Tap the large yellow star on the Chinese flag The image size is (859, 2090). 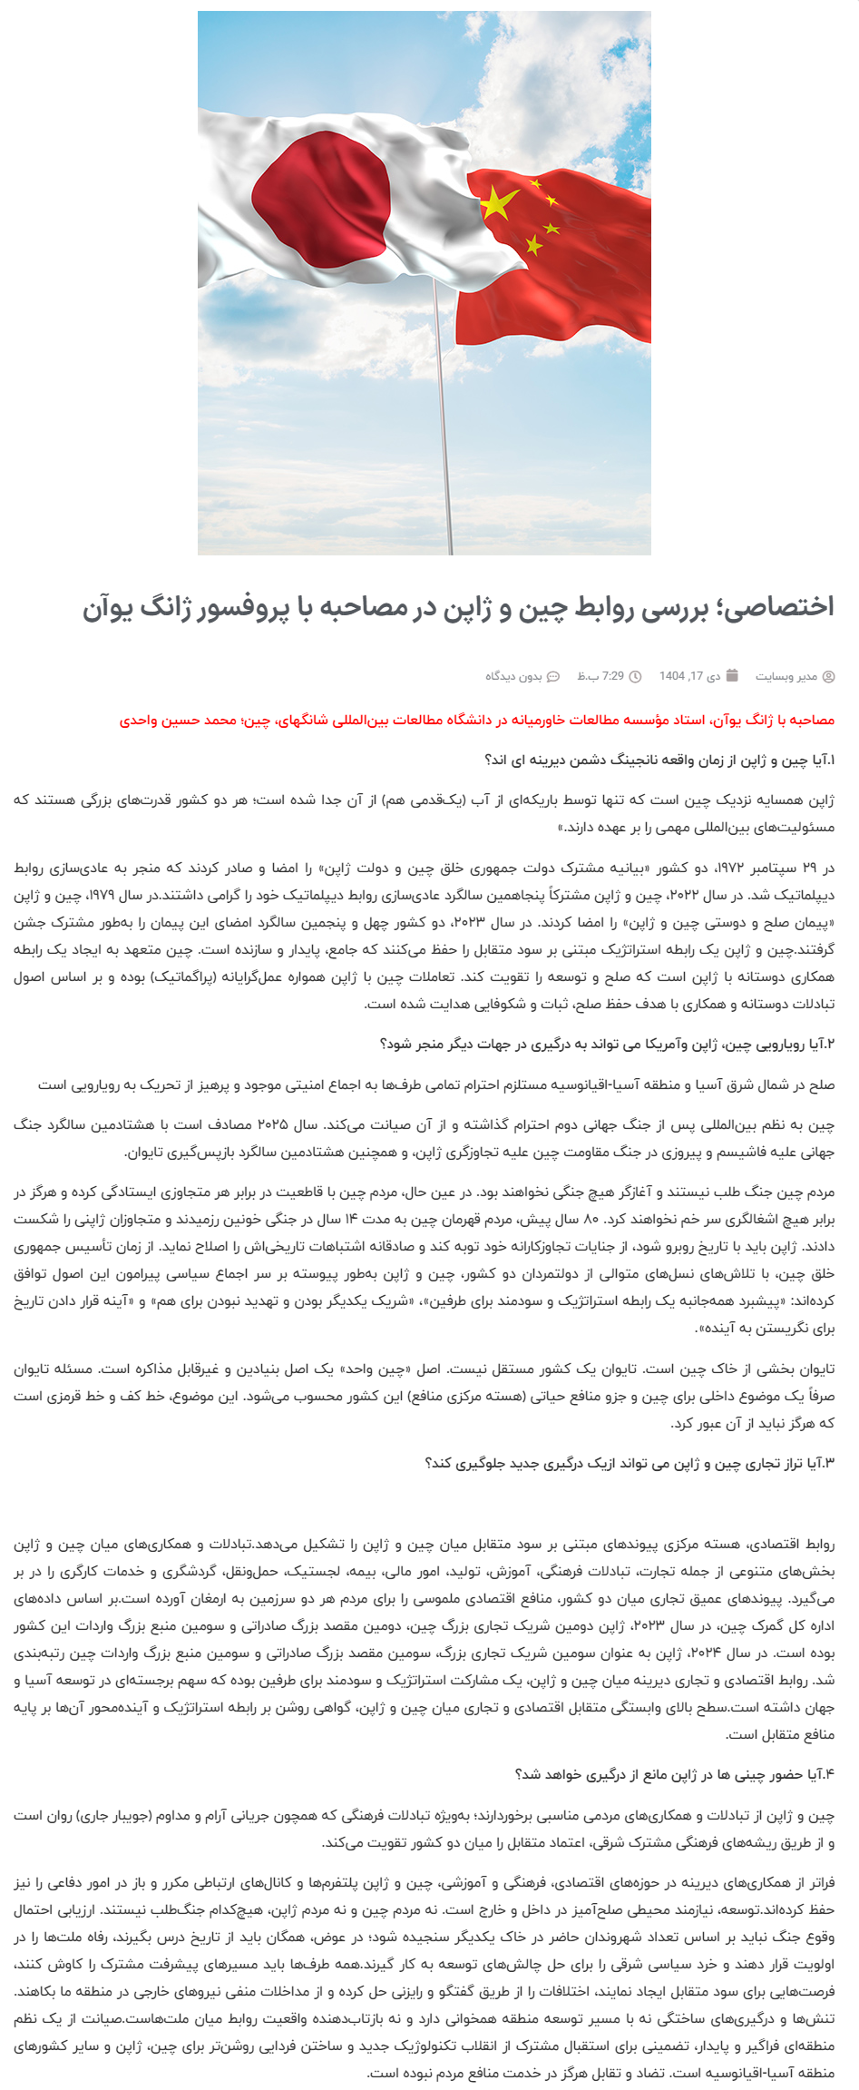click(498, 203)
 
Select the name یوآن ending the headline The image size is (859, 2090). click(106, 607)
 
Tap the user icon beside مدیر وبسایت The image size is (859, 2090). click(828, 676)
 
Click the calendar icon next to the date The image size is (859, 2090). click(733, 675)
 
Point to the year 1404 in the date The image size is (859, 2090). click(672, 676)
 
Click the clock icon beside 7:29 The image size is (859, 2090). click(635, 676)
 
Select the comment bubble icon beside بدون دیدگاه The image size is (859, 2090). click(552, 676)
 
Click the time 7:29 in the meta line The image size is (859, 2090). click(613, 676)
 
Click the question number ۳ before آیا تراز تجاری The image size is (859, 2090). click(827, 1463)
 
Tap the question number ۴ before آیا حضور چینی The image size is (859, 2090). click(827, 1774)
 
